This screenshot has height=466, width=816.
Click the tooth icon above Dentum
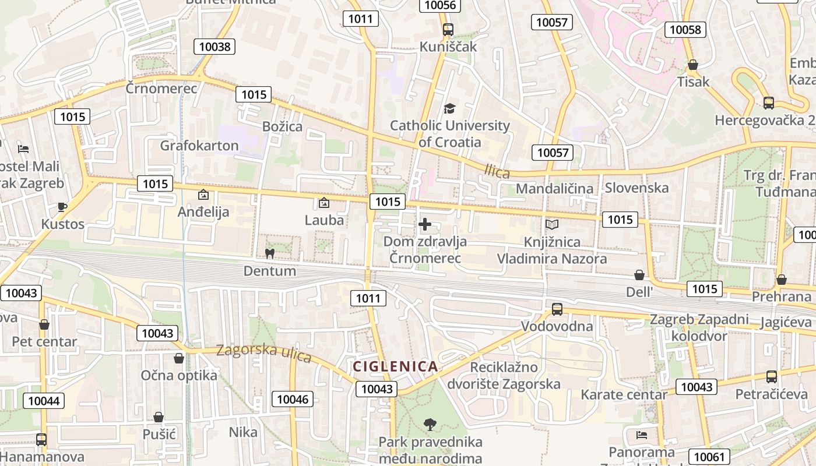tap(269, 253)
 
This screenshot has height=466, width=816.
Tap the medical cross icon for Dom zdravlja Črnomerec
tap(425, 224)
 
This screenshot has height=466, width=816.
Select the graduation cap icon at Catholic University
tap(449, 108)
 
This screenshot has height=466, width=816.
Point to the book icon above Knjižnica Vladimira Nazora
tap(551, 224)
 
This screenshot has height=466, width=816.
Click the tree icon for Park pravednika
tap(430, 424)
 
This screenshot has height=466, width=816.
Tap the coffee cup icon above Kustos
tap(62, 207)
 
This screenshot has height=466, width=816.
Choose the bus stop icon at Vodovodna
tap(557, 309)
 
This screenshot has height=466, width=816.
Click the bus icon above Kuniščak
tap(448, 30)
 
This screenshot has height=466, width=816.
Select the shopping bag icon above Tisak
tap(693, 65)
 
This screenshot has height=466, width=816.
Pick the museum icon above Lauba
tap(324, 203)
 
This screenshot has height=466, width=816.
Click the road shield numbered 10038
tap(214, 47)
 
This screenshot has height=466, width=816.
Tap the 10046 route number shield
tap(293, 399)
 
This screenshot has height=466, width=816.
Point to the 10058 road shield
tap(686, 30)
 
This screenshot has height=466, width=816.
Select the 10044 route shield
tap(44, 401)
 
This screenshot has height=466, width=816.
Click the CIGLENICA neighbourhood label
tap(395, 366)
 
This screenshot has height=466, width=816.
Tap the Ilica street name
tap(497, 171)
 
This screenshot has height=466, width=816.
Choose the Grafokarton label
tap(199, 146)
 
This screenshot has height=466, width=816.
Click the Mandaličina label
tap(554, 188)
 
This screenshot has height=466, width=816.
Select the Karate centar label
tap(624, 395)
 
